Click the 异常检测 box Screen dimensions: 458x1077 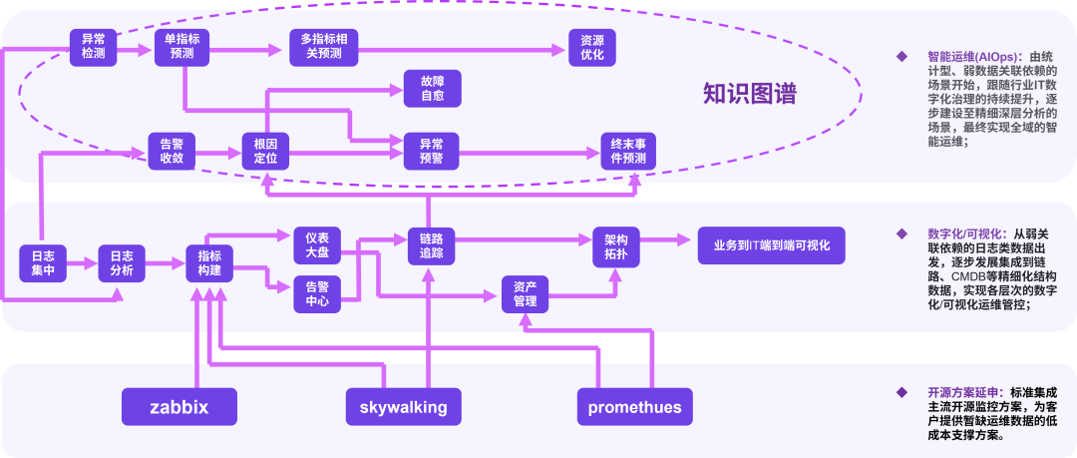pyautogui.click(x=94, y=46)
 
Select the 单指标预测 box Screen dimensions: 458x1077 pyautogui.click(x=181, y=46)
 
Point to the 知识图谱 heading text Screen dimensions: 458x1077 pyautogui.click(x=749, y=94)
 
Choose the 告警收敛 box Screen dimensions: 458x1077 pyautogui.click(x=173, y=151)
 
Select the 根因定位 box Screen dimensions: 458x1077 pyautogui.click(x=265, y=151)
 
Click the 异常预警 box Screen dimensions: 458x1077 pyautogui.click(x=431, y=151)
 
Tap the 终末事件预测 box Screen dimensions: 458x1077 pyautogui.click(x=628, y=151)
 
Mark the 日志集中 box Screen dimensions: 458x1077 pyautogui.click(x=43, y=262)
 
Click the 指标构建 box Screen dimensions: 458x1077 pyautogui.click(x=209, y=262)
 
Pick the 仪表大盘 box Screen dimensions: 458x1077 pyautogui.click(x=316, y=245)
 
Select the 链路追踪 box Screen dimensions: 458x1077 pyautogui.click(x=431, y=245)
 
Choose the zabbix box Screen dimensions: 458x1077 pyautogui.click(x=179, y=407)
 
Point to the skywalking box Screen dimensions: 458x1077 pyautogui.click(x=403, y=407)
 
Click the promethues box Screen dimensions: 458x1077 pyautogui.click(x=634, y=407)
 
